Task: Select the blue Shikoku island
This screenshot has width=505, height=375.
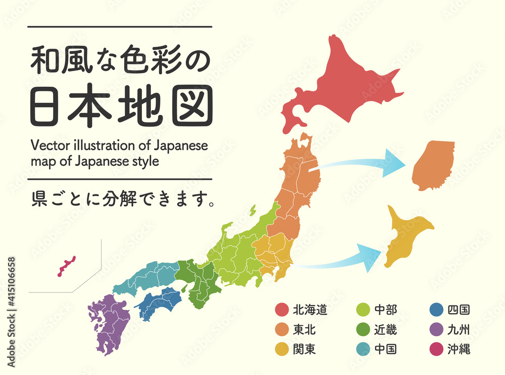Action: click(161, 303)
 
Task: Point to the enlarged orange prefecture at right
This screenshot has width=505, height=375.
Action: click(433, 165)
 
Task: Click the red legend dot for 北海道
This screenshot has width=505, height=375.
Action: click(282, 310)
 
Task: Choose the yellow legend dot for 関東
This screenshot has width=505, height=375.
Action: click(282, 349)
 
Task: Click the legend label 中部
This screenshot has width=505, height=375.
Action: click(385, 310)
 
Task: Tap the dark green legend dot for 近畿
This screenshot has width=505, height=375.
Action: click(363, 330)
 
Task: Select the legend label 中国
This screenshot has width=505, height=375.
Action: click(385, 349)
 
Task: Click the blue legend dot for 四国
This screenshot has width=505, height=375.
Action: click(436, 310)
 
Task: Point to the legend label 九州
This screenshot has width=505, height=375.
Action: click(459, 330)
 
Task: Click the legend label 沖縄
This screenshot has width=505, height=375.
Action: click(459, 349)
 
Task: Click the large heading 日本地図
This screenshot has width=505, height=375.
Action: click(121, 107)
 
